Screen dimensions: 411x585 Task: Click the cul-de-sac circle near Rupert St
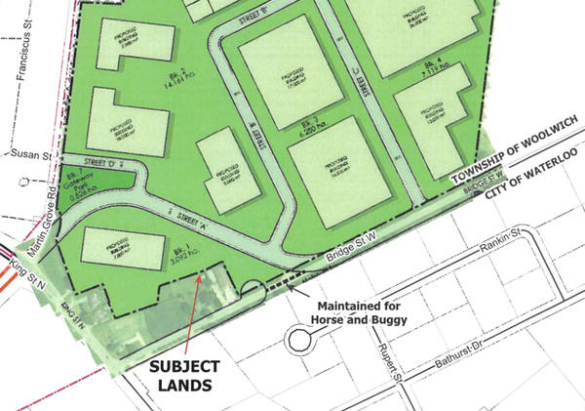coord(297,341)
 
